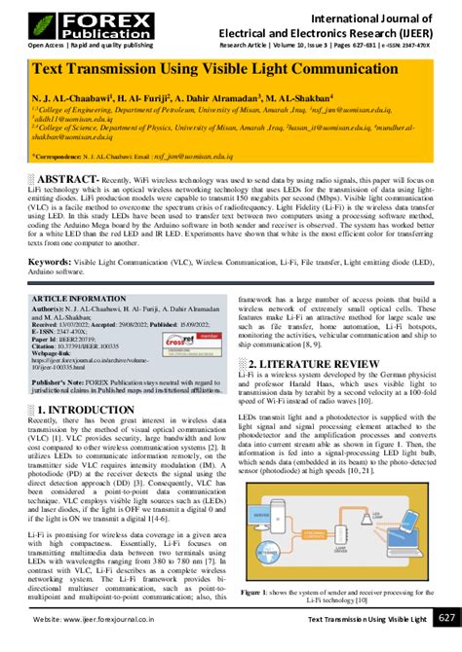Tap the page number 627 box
coord(444,619)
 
